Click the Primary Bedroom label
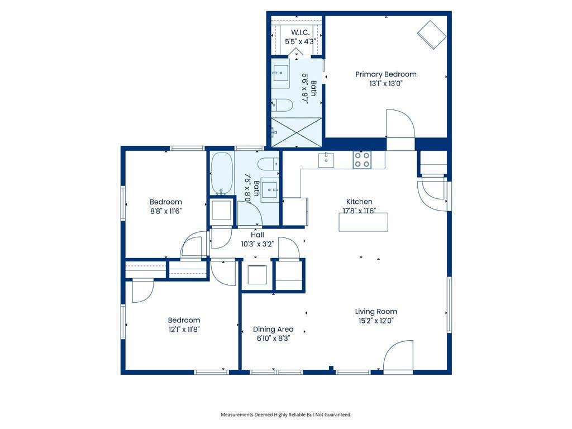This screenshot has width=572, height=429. pyautogui.click(x=386, y=74)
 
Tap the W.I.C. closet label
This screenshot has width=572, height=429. pyautogui.click(x=300, y=32)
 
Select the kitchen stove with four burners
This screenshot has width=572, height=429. pyautogui.click(x=362, y=160)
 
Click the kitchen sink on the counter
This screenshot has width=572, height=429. pyautogui.click(x=326, y=160)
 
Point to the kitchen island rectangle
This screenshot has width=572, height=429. pyautogui.click(x=363, y=222)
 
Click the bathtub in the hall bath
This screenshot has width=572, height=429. pyautogui.click(x=221, y=174)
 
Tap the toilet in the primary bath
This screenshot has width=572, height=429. pyautogui.click(x=283, y=105)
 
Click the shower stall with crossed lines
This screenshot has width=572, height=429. pyautogui.click(x=297, y=132)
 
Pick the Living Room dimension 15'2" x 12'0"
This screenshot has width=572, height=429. pyautogui.click(x=376, y=321)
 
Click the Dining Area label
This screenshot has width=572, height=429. pyautogui.click(x=273, y=330)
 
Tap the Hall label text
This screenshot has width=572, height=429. pyautogui.click(x=257, y=235)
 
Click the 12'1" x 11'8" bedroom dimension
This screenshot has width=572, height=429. pyautogui.click(x=184, y=330)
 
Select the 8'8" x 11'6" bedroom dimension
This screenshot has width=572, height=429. pyautogui.click(x=166, y=211)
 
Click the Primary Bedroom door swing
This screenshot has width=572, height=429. pyautogui.click(x=401, y=123)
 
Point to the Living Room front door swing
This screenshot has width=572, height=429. pyautogui.click(x=398, y=355)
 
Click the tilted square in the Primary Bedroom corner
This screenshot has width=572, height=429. pyautogui.click(x=432, y=35)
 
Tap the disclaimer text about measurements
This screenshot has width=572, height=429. pyautogui.click(x=286, y=415)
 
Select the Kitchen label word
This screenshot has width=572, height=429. pyautogui.click(x=359, y=201)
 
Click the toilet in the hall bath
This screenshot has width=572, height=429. pyautogui.click(x=268, y=164)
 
